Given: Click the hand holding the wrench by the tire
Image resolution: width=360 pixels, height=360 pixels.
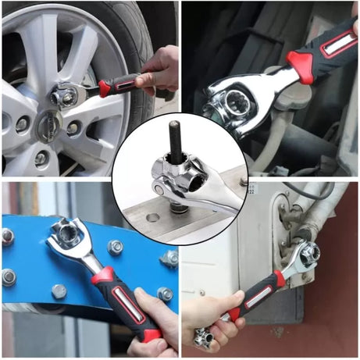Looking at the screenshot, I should tap(160, 71).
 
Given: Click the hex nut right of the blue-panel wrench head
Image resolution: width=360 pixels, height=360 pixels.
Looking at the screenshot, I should tap(115, 248).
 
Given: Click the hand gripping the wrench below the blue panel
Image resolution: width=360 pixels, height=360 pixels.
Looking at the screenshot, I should tap(156, 316).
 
